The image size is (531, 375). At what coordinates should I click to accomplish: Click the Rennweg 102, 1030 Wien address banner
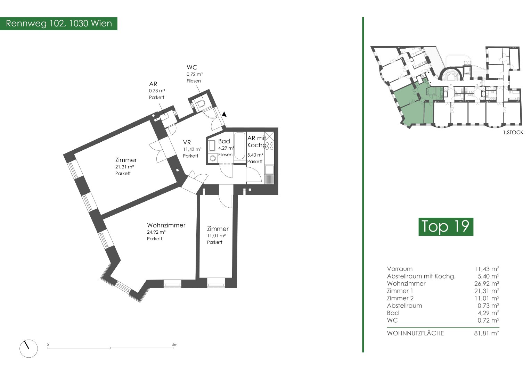click(58, 24)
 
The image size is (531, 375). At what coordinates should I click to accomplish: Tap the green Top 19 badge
click(446, 226)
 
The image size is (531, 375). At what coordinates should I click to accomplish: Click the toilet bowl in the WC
click(201, 104)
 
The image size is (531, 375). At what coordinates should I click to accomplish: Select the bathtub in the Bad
click(239, 146)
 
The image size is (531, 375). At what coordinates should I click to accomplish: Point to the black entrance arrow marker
click(224, 115)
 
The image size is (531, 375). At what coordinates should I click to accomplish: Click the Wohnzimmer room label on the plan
click(166, 225)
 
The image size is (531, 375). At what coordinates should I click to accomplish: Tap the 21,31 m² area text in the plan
click(124, 167)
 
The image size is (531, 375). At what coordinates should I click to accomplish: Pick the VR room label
click(187, 142)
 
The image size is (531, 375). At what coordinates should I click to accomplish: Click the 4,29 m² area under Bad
click(226, 148)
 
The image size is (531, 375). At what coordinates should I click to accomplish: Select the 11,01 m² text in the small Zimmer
click(216, 236)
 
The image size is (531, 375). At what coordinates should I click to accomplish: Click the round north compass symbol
click(29, 349)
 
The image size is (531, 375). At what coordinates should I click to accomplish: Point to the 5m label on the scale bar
click(175, 345)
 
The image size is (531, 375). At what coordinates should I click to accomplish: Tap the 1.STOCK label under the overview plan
click(513, 132)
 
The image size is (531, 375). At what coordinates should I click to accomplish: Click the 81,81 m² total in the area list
click(487, 333)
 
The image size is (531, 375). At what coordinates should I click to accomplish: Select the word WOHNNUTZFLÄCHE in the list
click(415, 333)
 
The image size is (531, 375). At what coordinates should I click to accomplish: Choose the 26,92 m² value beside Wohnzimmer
click(487, 284)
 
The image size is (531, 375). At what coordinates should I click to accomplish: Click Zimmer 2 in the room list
click(400, 298)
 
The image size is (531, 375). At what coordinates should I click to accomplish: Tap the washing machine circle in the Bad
click(213, 158)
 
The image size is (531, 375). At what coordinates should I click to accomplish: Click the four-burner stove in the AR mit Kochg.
click(269, 146)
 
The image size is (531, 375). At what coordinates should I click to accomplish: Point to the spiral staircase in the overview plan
click(450, 75)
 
